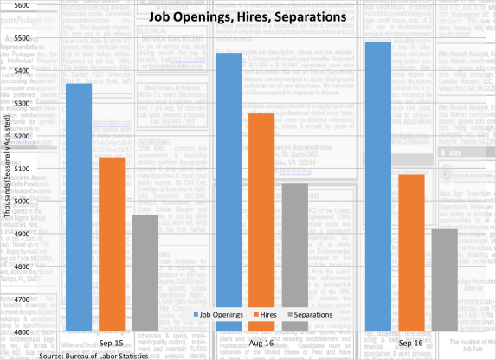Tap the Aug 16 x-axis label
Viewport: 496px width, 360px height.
[x=261, y=344]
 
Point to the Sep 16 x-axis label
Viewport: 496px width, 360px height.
[x=411, y=344]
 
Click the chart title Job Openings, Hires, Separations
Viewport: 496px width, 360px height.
[x=248, y=17]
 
